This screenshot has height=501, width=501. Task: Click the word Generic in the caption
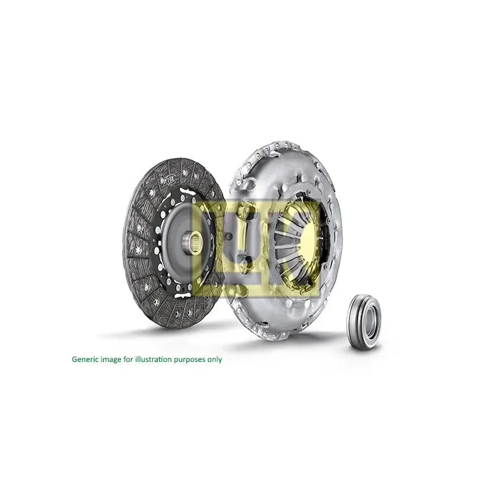click(86, 359)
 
